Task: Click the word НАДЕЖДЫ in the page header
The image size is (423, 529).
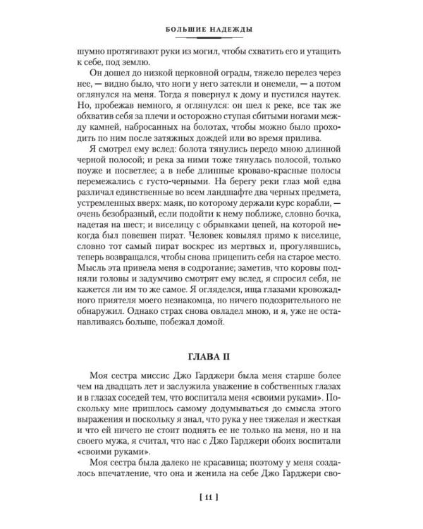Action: [233, 29]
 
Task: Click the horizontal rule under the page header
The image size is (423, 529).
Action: [211, 39]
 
